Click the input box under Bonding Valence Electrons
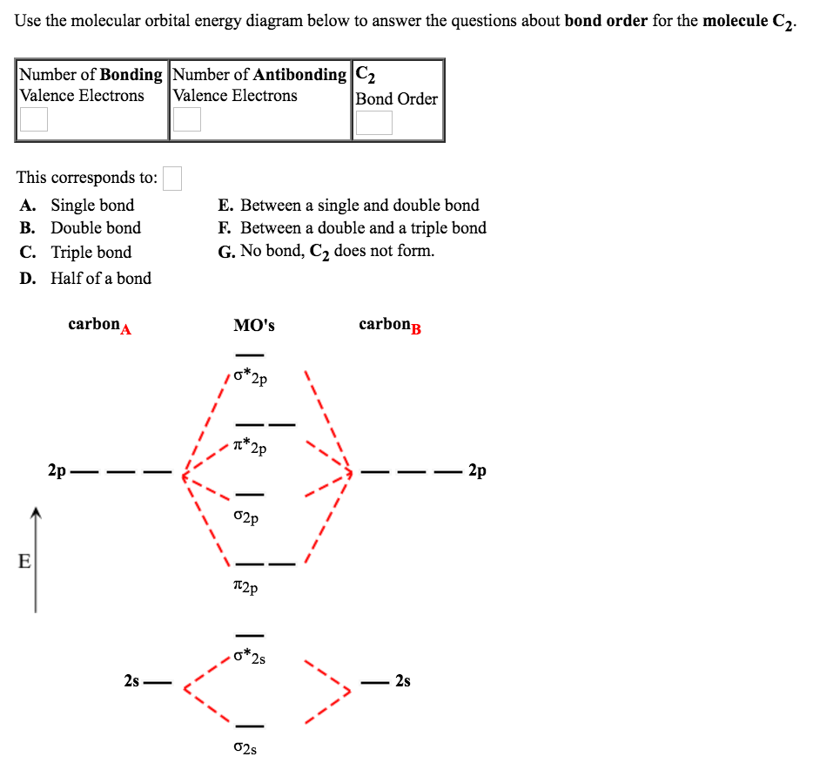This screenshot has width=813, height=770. pos(33,119)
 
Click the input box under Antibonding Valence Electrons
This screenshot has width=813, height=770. pos(186,119)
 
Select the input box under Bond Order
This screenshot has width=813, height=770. pos(373,122)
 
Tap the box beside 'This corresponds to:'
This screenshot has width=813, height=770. pos(172,179)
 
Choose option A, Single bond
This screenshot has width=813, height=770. pos(92,206)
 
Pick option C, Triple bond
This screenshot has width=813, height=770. pos(91,253)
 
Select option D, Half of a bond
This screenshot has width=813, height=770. pos(100,279)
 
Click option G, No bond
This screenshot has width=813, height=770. pos(337,252)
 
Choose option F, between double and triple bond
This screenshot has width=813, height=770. pos(362,228)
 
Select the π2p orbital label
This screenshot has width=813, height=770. pos(246,589)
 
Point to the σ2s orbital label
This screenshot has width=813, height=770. pos(246,748)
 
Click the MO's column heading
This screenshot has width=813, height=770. pos(253,326)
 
